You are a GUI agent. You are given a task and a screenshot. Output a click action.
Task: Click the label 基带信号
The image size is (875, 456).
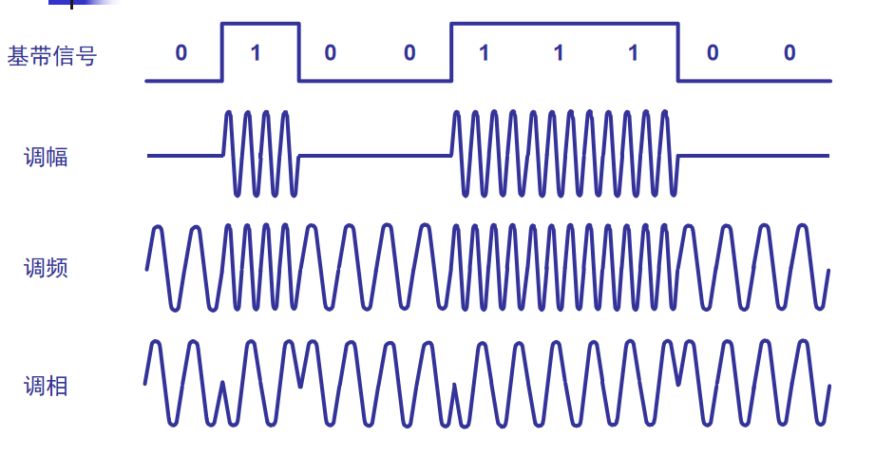(x=52, y=56)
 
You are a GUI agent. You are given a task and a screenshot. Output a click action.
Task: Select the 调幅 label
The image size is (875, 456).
(x=46, y=157)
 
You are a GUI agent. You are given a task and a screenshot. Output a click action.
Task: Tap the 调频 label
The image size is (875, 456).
(x=46, y=268)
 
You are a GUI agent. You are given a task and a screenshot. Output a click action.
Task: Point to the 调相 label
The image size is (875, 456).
(x=46, y=386)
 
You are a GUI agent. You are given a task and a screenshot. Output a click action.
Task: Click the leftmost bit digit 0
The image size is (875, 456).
(x=181, y=53)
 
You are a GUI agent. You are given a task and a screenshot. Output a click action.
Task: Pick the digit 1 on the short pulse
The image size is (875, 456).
(x=256, y=53)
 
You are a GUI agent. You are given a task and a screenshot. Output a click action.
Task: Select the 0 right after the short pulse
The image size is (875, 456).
(x=330, y=53)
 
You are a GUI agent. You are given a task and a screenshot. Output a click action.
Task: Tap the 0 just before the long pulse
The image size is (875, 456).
(x=409, y=53)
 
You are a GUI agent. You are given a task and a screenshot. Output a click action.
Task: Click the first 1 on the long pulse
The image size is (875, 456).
(x=484, y=53)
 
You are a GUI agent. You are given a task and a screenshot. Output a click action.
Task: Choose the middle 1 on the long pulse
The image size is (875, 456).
(x=559, y=53)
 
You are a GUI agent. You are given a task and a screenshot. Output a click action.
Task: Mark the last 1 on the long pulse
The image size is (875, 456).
(x=633, y=53)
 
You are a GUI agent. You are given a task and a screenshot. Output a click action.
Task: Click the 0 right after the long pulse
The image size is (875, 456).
(x=712, y=53)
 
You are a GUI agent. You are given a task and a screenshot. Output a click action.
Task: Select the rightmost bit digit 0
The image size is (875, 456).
(x=789, y=53)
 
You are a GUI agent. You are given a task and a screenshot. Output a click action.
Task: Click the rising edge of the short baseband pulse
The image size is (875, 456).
(x=222, y=52)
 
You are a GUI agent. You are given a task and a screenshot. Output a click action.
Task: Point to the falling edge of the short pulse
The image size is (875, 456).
(x=299, y=52)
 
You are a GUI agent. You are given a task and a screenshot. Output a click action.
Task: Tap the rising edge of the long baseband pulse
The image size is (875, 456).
(x=450, y=52)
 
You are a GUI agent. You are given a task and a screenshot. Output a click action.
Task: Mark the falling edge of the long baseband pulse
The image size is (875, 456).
(x=678, y=52)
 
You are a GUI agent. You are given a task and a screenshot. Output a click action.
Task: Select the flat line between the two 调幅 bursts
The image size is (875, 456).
(x=375, y=155)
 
